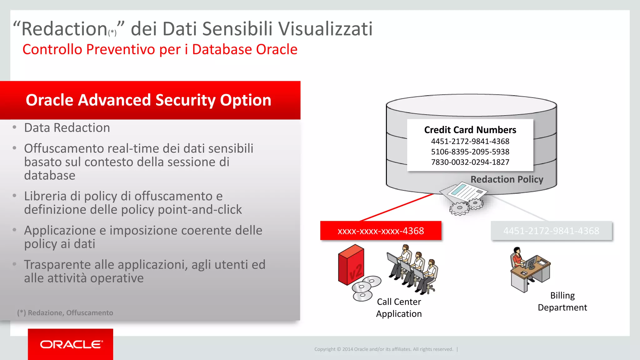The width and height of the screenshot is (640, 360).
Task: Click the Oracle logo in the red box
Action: tap(71, 344)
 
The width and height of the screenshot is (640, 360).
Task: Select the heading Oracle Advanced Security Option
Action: tap(148, 100)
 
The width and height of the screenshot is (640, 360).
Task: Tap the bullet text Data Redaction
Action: tap(67, 128)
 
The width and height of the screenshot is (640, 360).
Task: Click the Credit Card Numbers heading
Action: tap(470, 130)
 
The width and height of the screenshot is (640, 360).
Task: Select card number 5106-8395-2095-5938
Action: tap(470, 152)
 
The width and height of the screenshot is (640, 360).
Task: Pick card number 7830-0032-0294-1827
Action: tap(470, 162)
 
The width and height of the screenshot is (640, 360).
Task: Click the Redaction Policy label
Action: tap(507, 179)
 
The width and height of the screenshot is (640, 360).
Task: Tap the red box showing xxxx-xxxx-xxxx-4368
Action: tap(381, 231)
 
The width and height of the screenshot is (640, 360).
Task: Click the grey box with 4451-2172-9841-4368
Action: tap(551, 231)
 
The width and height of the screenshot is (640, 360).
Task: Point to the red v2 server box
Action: tap(351, 265)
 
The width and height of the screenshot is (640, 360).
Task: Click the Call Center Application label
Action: tap(399, 308)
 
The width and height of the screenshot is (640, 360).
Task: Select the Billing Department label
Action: tap(562, 302)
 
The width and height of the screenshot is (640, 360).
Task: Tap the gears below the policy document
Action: tap(466, 207)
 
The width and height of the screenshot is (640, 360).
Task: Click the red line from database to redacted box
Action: tap(397, 207)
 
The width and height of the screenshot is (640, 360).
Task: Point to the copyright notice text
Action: tap(383, 349)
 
